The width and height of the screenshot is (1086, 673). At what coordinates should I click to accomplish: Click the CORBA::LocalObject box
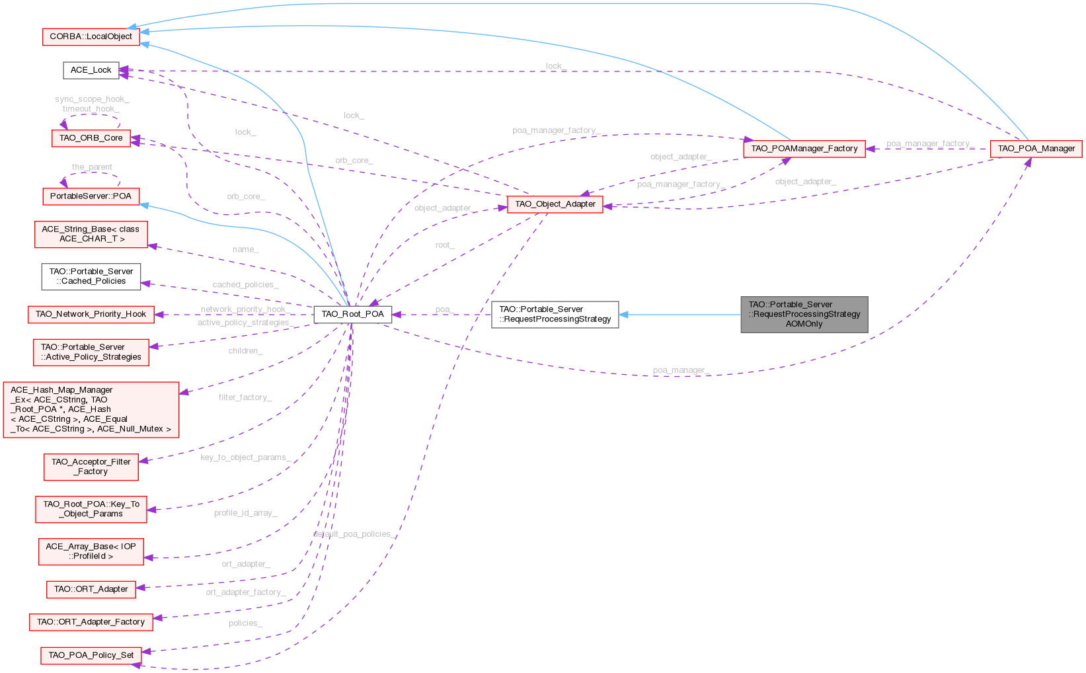point(91,36)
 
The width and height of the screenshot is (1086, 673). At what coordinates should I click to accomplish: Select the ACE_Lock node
point(91,70)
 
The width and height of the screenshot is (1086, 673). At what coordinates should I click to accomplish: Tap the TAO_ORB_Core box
point(91,138)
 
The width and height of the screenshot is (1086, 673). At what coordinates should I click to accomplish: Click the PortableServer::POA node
point(91,196)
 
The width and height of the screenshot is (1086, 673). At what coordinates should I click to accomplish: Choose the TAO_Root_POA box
point(352,314)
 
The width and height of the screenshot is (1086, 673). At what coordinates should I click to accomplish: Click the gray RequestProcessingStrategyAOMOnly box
point(804,315)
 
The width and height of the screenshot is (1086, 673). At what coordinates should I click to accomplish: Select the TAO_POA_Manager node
point(1036,149)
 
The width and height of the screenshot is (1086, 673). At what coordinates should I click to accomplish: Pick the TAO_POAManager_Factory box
point(804,149)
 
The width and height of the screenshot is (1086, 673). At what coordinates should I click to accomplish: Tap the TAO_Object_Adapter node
point(555,204)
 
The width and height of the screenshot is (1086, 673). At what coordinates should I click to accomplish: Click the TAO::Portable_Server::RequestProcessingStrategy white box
point(555,315)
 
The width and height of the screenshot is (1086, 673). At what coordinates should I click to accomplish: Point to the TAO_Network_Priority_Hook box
point(91,314)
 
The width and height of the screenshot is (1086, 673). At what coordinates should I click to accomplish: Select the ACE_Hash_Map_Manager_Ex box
point(91,410)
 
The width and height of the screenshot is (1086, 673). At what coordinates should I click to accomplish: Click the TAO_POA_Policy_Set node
point(91,655)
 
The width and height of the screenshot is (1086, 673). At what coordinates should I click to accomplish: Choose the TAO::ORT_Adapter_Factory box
point(91,622)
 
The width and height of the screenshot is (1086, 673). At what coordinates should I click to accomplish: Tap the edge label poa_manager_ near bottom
point(681,370)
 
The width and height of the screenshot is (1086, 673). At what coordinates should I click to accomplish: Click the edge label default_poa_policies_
point(354,534)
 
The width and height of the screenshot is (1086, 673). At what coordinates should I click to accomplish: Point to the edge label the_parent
point(92,167)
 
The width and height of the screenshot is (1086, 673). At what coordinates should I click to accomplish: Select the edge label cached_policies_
point(245,285)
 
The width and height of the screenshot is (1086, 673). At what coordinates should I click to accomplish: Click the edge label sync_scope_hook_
point(92,99)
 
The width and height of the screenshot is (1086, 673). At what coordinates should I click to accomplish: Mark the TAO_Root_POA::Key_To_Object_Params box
point(91,509)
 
